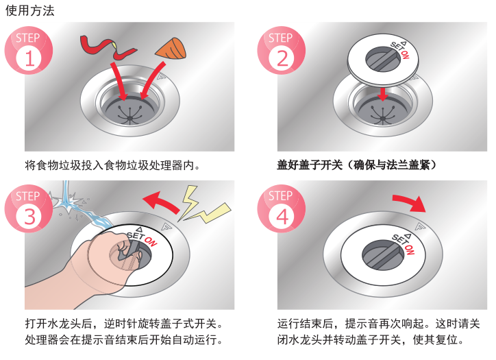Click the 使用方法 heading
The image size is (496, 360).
point(30,10)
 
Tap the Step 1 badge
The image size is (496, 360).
point(29,51)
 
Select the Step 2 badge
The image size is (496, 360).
point(282,51)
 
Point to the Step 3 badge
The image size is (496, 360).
point(29,208)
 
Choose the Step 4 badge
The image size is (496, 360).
point(282,208)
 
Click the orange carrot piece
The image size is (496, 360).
point(171,49)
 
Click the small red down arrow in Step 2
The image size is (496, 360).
point(383,95)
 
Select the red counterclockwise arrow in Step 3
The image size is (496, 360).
point(162,203)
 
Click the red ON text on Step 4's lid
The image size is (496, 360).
point(409,250)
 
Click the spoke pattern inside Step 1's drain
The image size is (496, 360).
point(129,115)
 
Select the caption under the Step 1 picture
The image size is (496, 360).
point(112,165)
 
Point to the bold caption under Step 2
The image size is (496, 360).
point(356,165)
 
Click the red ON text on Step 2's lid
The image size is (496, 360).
point(405,55)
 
